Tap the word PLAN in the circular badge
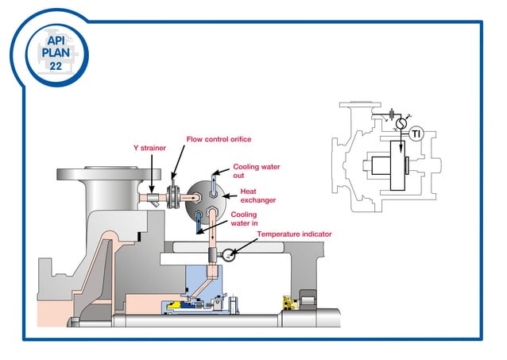55,52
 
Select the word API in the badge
55,39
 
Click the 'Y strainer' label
149,148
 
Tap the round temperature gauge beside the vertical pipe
229,255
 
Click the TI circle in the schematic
415,134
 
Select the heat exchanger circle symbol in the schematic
401,125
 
